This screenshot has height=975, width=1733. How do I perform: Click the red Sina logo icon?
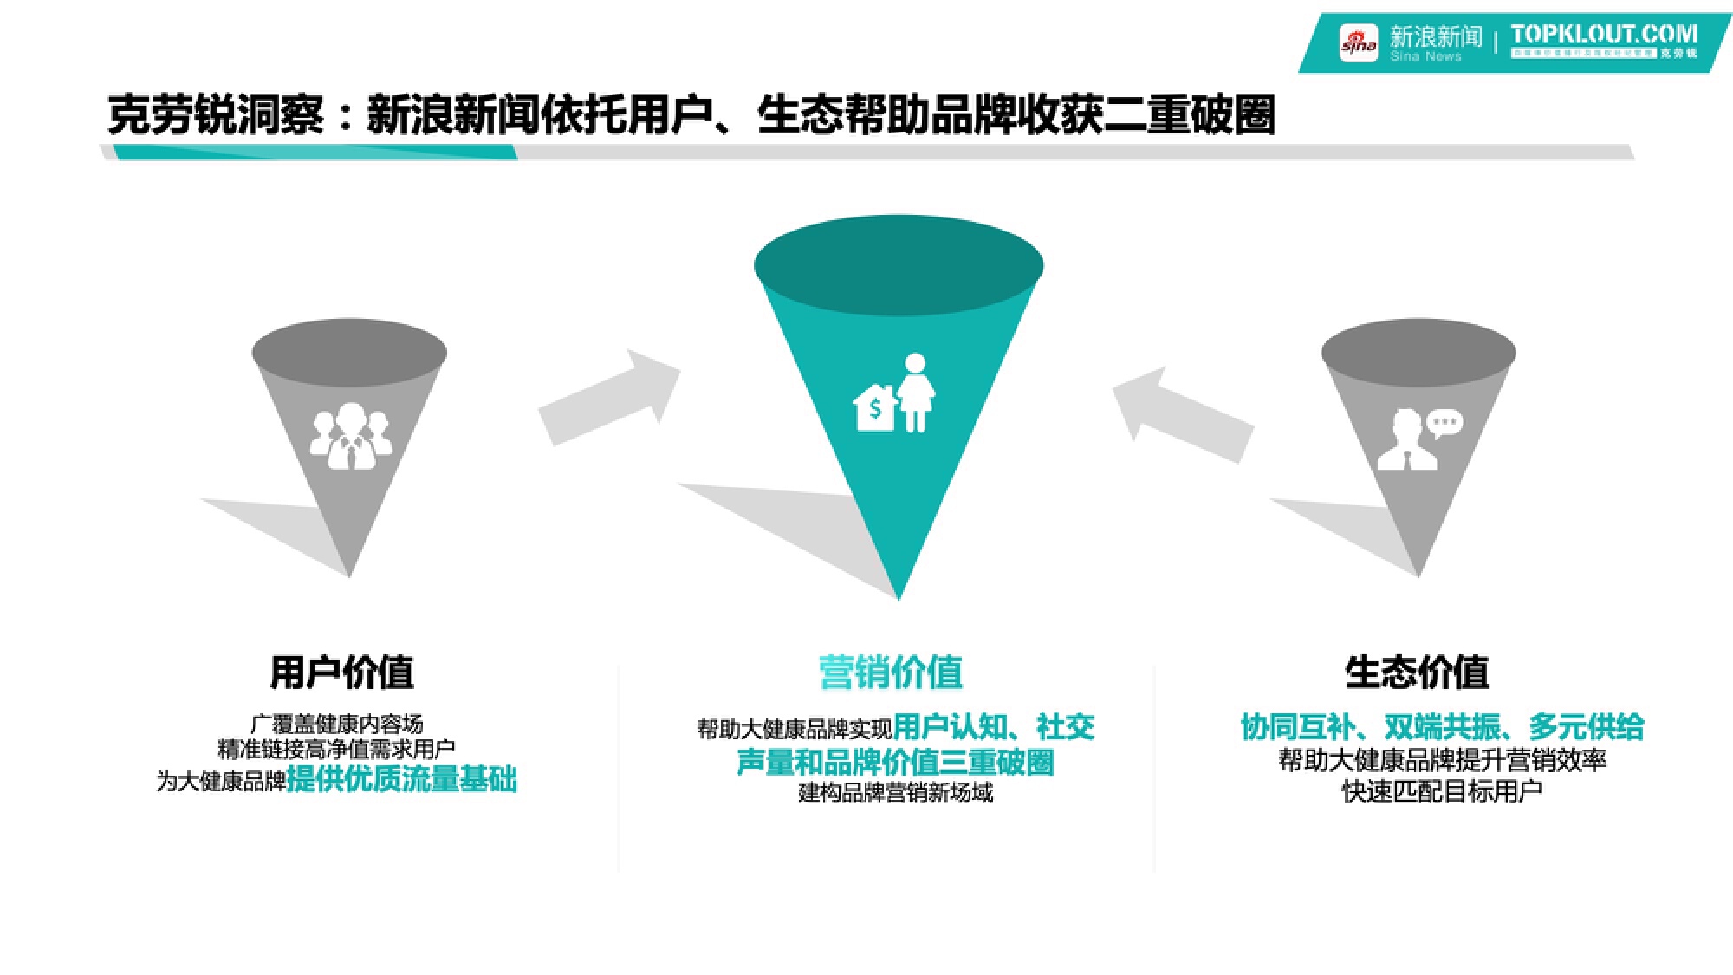[1358, 42]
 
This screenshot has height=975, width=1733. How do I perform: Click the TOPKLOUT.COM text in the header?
[1603, 34]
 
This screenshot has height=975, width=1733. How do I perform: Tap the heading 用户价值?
[341, 673]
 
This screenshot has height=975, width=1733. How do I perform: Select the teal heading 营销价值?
[891, 673]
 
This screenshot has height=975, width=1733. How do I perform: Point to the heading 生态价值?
[1417, 673]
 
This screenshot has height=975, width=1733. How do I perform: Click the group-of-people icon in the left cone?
[350, 436]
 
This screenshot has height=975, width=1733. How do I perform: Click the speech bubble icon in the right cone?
[1444, 423]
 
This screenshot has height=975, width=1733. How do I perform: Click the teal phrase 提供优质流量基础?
[401, 779]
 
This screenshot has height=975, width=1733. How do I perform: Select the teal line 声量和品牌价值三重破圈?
[895, 762]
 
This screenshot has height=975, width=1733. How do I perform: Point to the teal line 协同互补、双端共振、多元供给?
[1442, 726]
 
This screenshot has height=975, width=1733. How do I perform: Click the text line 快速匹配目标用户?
[1442, 791]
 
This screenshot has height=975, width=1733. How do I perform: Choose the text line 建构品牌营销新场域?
[895, 792]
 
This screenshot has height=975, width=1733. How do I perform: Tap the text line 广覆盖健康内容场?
[336, 724]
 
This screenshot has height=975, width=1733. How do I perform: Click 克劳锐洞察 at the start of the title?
[216, 115]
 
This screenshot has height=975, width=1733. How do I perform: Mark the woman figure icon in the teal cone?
[916, 393]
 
